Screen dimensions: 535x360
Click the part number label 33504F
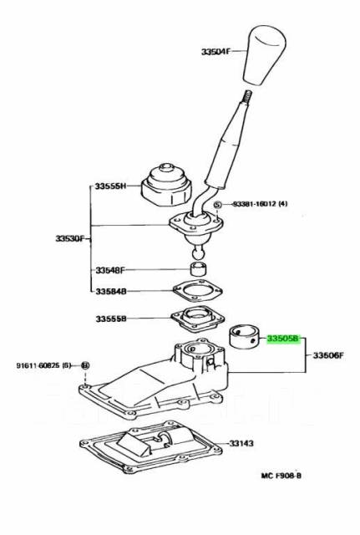(219, 51)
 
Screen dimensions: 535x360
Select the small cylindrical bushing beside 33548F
(199, 269)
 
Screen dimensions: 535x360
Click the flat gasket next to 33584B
(197, 292)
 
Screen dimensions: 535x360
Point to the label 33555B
(110, 318)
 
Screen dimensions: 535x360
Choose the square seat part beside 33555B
(194, 319)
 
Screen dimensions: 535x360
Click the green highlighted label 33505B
(281, 339)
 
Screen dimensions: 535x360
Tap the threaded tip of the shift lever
(249, 98)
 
